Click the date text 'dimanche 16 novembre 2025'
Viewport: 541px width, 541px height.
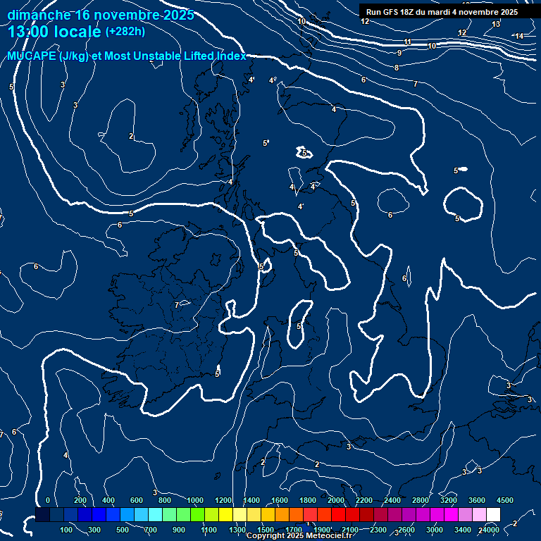pos(100,15)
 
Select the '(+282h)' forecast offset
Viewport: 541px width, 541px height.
pos(125,32)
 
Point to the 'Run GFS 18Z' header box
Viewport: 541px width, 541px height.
pos(442,12)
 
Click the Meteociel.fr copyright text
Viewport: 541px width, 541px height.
pos(299,536)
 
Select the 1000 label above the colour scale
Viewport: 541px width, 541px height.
pos(194,500)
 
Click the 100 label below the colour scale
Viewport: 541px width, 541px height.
pos(67,530)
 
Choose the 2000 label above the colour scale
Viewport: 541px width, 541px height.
pos(335,500)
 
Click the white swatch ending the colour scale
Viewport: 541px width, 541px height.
pos(493,515)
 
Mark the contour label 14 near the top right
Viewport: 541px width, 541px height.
pos(519,36)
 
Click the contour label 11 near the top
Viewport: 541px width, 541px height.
pos(408,42)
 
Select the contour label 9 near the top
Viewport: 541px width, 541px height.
pos(399,53)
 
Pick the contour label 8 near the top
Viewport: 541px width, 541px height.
pos(397,68)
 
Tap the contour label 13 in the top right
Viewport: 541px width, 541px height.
pos(496,25)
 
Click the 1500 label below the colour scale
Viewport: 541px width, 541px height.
pos(265,530)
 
